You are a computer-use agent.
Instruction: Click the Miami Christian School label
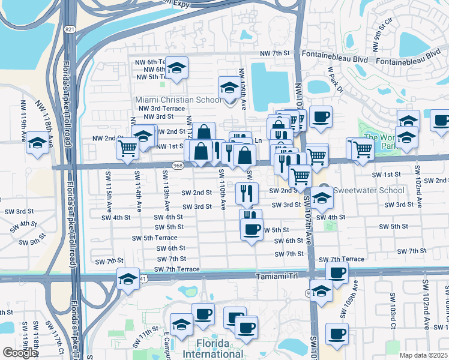[178, 100]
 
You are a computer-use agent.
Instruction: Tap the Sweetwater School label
[360, 190]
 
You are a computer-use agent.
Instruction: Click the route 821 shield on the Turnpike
[71, 29]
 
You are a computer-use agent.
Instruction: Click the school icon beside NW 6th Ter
[176, 68]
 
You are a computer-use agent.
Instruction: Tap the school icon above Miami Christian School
[228, 89]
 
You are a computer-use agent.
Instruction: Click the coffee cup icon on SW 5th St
[252, 228]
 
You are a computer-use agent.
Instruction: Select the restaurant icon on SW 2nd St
[247, 192]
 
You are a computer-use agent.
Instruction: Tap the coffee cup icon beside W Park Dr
[321, 116]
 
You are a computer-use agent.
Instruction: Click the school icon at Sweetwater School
[322, 197]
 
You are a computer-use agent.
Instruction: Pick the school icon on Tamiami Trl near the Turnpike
[128, 279]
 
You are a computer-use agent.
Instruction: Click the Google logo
[19, 353]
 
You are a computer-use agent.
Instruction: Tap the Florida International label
[213, 349]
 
